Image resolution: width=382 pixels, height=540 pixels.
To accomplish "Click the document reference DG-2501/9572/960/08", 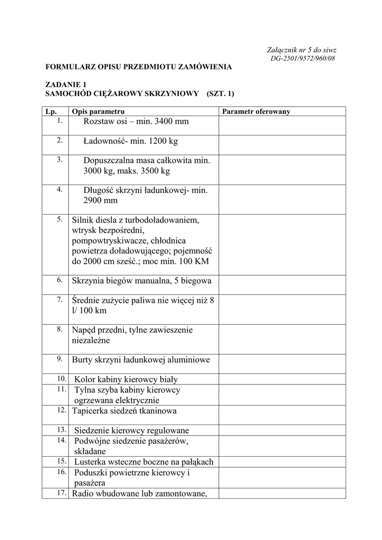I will [302, 58].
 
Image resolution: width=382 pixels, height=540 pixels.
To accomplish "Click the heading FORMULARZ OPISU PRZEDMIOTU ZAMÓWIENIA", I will [138, 67].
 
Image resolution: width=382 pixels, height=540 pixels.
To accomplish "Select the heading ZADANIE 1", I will [65, 84].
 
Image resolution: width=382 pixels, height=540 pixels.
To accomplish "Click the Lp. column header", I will [51, 111].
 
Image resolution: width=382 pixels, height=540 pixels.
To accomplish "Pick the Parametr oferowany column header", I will [256, 111].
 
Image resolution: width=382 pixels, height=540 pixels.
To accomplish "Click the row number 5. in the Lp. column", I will [60, 219].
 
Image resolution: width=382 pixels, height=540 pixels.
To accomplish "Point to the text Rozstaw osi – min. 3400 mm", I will [136, 122].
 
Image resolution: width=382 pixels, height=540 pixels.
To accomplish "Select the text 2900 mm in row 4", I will [100, 200].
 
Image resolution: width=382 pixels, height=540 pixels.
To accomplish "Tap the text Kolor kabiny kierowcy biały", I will [126, 379].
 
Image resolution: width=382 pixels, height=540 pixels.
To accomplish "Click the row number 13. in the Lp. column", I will [61, 429].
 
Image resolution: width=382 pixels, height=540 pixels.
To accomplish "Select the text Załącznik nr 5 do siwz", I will [302, 50].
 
